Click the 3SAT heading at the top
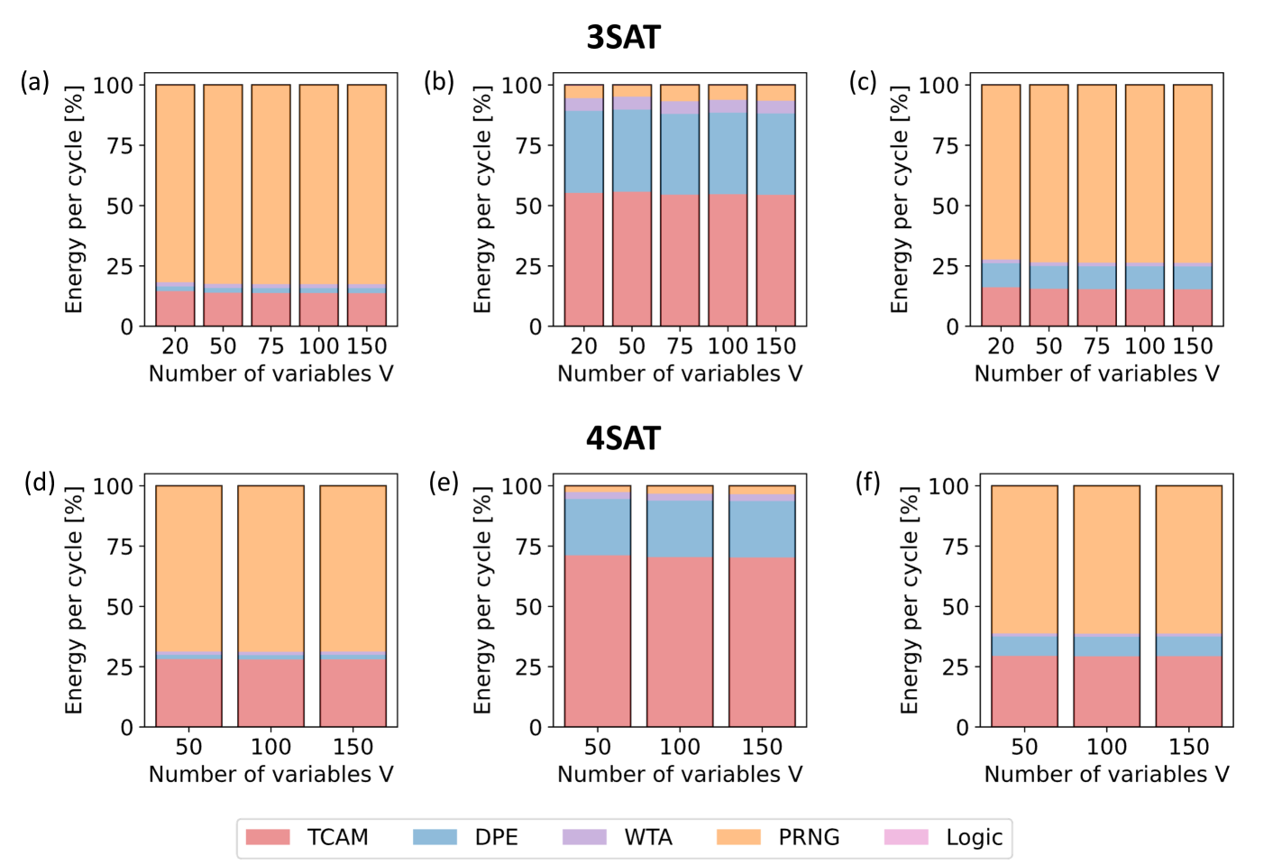point(623,37)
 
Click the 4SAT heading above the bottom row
point(623,438)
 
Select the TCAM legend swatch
point(268,837)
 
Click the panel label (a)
point(35,82)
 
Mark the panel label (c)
point(863,82)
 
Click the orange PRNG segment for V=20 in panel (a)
point(175,180)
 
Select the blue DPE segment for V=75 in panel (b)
point(680,153)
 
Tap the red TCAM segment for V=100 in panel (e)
point(680,640)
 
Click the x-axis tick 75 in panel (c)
point(1096,346)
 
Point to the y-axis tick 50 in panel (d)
point(119,607)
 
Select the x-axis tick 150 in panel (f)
point(1188,747)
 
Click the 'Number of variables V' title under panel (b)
point(680,373)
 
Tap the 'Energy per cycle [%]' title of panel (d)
point(74,601)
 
